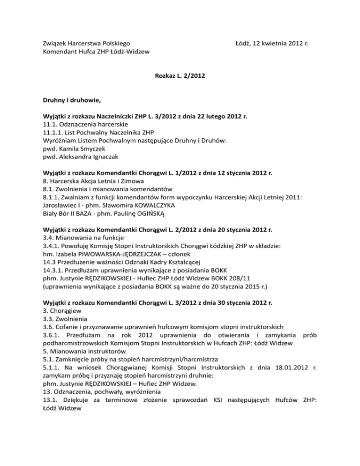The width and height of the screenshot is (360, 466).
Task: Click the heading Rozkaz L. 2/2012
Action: [180, 75]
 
